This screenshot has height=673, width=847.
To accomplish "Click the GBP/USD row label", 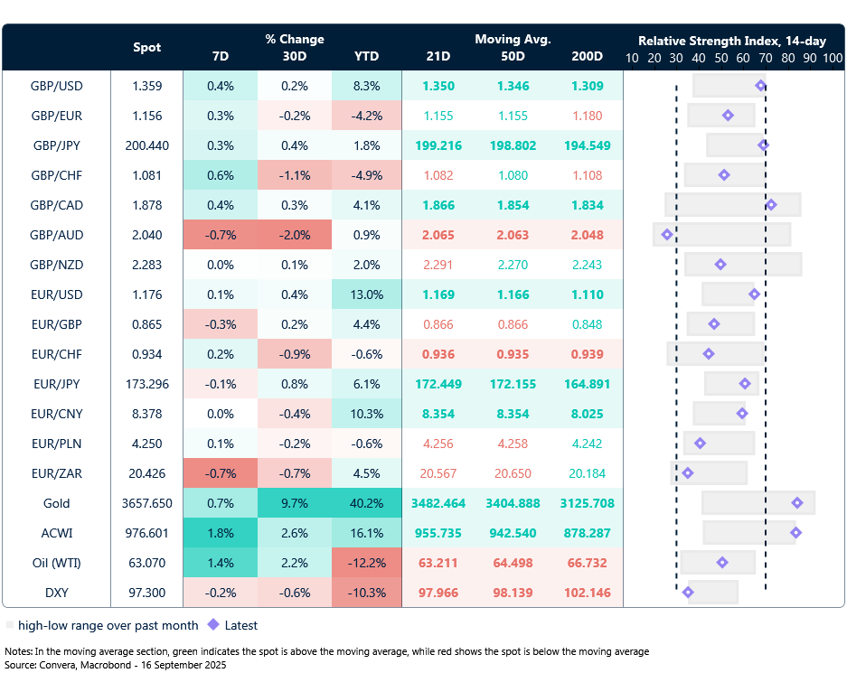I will pyautogui.click(x=56, y=87).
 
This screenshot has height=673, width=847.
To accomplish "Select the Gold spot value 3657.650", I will pyautogui.click(x=146, y=503).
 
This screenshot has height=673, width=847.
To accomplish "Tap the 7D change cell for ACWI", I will pyautogui.click(x=220, y=533).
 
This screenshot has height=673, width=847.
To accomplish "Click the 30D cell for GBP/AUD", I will pyautogui.click(x=294, y=235).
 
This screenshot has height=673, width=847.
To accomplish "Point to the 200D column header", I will pyautogui.click(x=587, y=56).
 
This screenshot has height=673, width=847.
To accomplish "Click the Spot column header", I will pyautogui.click(x=146, y=47).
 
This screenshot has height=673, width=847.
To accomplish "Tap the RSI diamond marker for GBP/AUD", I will pyautogui.click(x=667, y=235).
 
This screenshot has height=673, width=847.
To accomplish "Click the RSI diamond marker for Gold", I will pyautogui.click(x=797, y=502).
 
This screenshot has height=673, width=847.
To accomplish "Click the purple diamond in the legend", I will pyautogui.click(x=213, y=624).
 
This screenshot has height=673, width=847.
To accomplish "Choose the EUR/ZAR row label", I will pyautogui.click(x=56, y=473).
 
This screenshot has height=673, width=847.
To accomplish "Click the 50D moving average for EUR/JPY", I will pyautogui.click(x=513, y=384).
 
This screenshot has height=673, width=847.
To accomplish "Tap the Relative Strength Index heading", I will pyautogui.click(x=732, y=41).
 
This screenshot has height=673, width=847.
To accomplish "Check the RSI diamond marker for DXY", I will pyautogui.click(x=688, y=593).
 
